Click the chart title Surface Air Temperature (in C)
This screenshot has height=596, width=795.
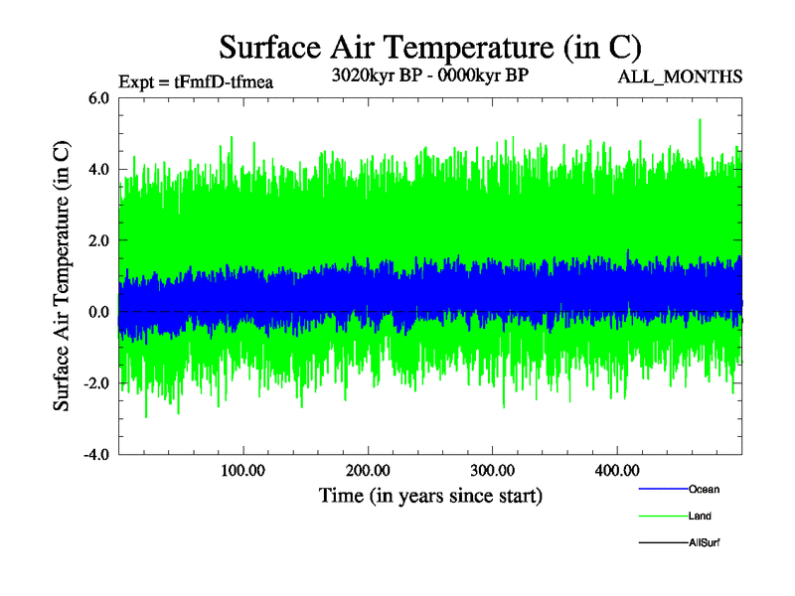(430, 46)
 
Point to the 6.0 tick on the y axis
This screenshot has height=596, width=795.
(98, 98)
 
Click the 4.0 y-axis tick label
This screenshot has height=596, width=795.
(98, 170)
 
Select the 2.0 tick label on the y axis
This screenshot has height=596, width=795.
(98, 241)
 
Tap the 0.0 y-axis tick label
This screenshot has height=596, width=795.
(98, 313)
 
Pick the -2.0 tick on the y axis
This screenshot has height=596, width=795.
(95, 384)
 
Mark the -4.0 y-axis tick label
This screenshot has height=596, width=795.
(95, 456)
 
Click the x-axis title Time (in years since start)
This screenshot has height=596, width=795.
(430, 494)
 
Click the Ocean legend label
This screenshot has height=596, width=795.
(704, 490)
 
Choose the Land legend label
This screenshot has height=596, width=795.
(700, 517)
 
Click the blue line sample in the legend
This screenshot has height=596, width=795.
(662, 490)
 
